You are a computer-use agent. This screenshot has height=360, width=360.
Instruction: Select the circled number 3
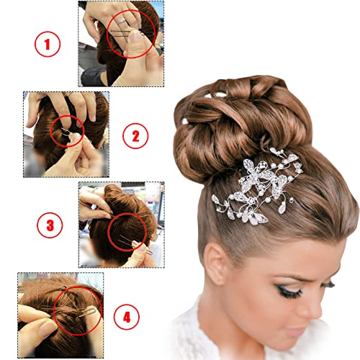(50, 225)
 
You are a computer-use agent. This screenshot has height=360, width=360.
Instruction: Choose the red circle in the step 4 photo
(77, 310)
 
